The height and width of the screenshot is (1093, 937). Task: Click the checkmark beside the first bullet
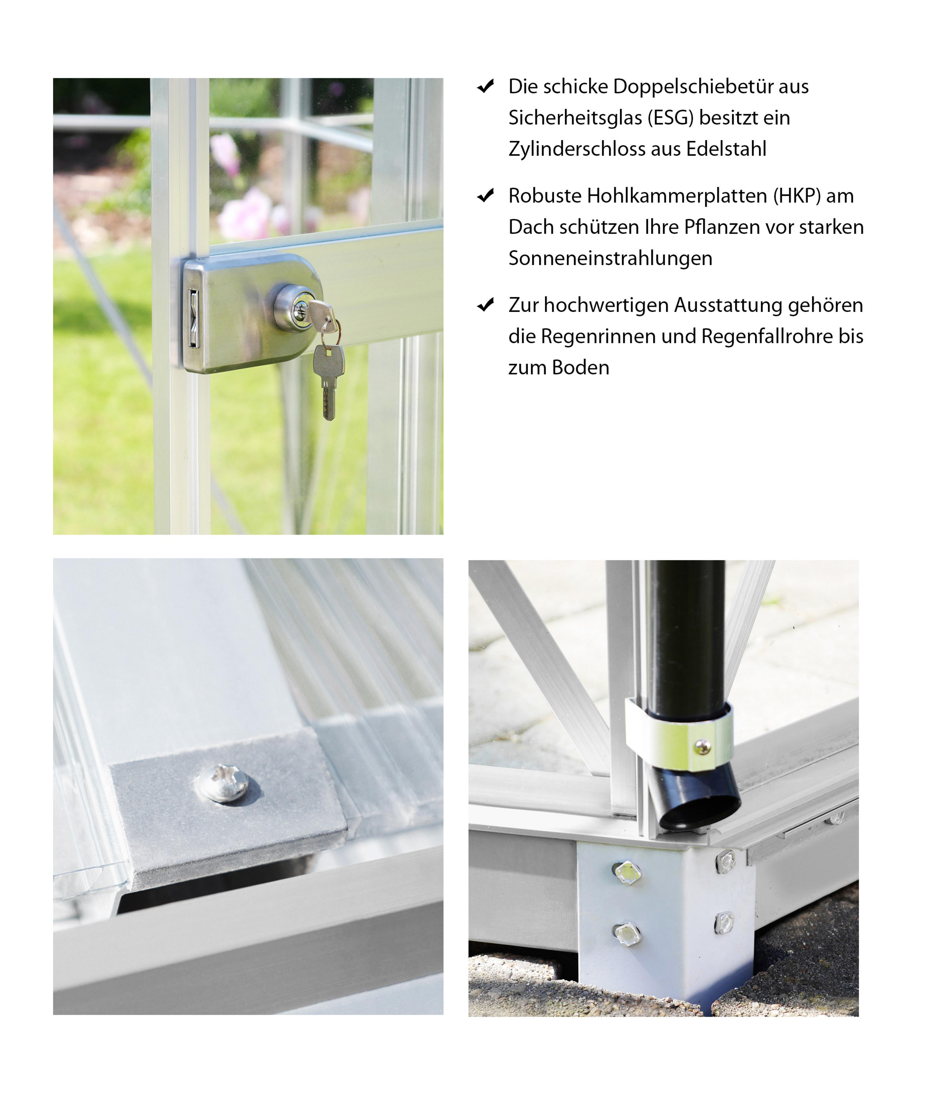coord(485,86)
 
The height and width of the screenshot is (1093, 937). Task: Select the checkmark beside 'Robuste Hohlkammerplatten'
coord(485,196)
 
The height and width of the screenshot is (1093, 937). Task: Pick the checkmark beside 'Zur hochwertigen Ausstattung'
coord(485,305)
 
